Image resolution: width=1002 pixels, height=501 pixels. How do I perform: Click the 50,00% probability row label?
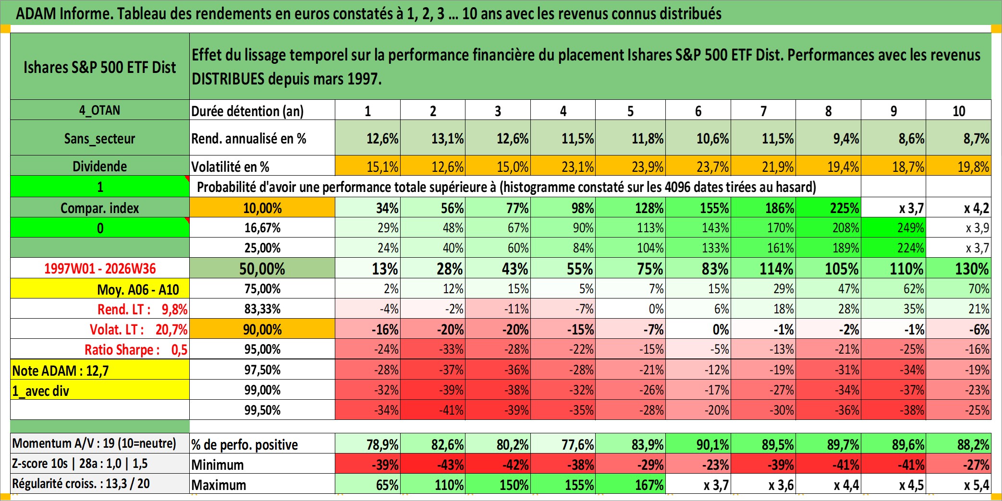click(x=262, y=268)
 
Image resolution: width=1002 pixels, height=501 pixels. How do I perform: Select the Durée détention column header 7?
click(x=763, y=111)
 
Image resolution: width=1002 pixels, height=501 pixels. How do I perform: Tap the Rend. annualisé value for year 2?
click(x=433, y=138)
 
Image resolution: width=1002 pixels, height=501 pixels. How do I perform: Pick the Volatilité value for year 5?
click(x=630, y=166)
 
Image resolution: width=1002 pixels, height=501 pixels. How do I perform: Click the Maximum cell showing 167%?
click(x=630, y=484)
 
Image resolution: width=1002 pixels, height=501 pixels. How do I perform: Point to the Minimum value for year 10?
click(x=958, y=464)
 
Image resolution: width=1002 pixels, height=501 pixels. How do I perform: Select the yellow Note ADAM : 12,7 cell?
click(x=100, y=370)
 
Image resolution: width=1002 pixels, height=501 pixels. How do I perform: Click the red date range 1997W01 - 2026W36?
click(x=100, y=268)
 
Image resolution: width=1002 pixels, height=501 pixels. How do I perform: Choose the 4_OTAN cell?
click(x=100, y=110)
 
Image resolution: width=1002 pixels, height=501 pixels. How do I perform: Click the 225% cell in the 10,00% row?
click(x=828, y=207)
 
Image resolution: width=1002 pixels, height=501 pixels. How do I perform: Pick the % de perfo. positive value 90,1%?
click(x=698, y=444)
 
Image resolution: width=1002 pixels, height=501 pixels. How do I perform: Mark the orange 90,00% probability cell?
click(x=262, y=329)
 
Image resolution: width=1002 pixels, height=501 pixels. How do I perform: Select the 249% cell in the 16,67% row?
click(x=893, y=227)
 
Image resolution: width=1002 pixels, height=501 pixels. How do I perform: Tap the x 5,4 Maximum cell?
click(x=958, y=484)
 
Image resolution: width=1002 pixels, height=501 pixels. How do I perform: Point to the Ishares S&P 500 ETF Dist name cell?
click(x=100, y=67)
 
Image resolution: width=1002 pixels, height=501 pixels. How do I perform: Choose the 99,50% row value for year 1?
click(x=367, y=410)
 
